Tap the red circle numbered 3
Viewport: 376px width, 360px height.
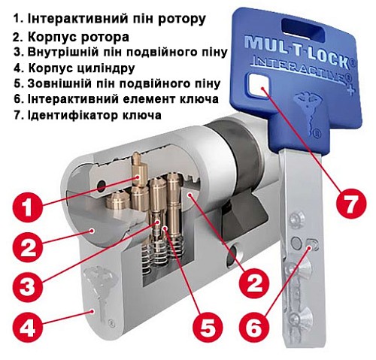[26, 286]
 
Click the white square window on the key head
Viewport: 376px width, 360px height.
[262, 90]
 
